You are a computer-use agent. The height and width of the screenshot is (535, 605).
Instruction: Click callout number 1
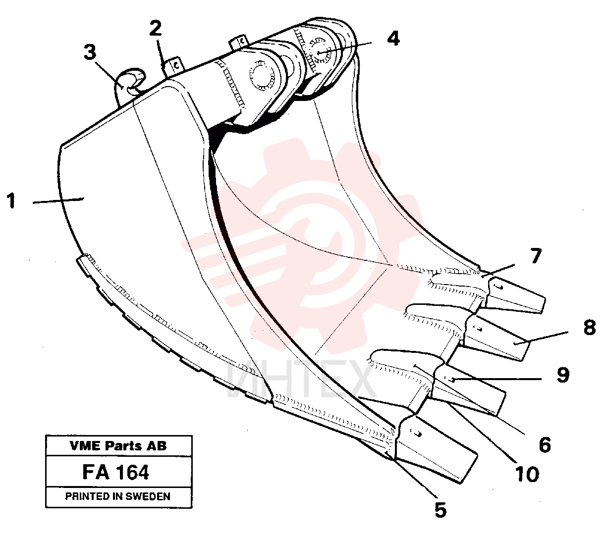click(11, 200)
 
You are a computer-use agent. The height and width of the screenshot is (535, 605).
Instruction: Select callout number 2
click(156, 28)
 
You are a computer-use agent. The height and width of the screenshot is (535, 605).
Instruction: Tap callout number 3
click(90, 52)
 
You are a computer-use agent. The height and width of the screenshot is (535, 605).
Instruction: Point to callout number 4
click(393, 39)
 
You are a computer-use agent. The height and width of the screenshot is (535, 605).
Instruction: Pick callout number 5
click(440, 510)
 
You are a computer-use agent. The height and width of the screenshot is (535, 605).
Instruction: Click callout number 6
click(545, 444)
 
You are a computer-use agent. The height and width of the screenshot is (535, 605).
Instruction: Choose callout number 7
click(535, 255)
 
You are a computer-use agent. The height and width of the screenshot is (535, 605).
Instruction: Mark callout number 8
click(590, 327)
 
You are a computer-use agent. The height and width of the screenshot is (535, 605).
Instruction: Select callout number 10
click(527, 474)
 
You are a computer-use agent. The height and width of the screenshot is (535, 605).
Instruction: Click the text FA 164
click(115, 472)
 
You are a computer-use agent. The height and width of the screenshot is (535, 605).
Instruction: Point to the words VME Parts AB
click(118, 445)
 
